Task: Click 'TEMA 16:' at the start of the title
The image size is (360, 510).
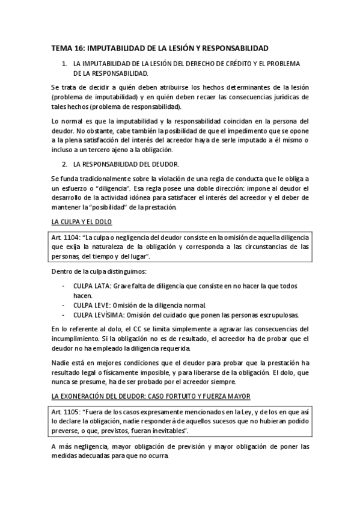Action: click(x=68, y=48)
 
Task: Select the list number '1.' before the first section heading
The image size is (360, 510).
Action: click(x=65, y=64)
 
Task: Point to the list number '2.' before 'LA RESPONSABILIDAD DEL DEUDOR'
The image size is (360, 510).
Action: click(x=65, y=164)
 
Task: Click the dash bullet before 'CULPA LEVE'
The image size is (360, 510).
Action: click(x=64, y=306)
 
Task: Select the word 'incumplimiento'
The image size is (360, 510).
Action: click(x=77, y=339)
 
